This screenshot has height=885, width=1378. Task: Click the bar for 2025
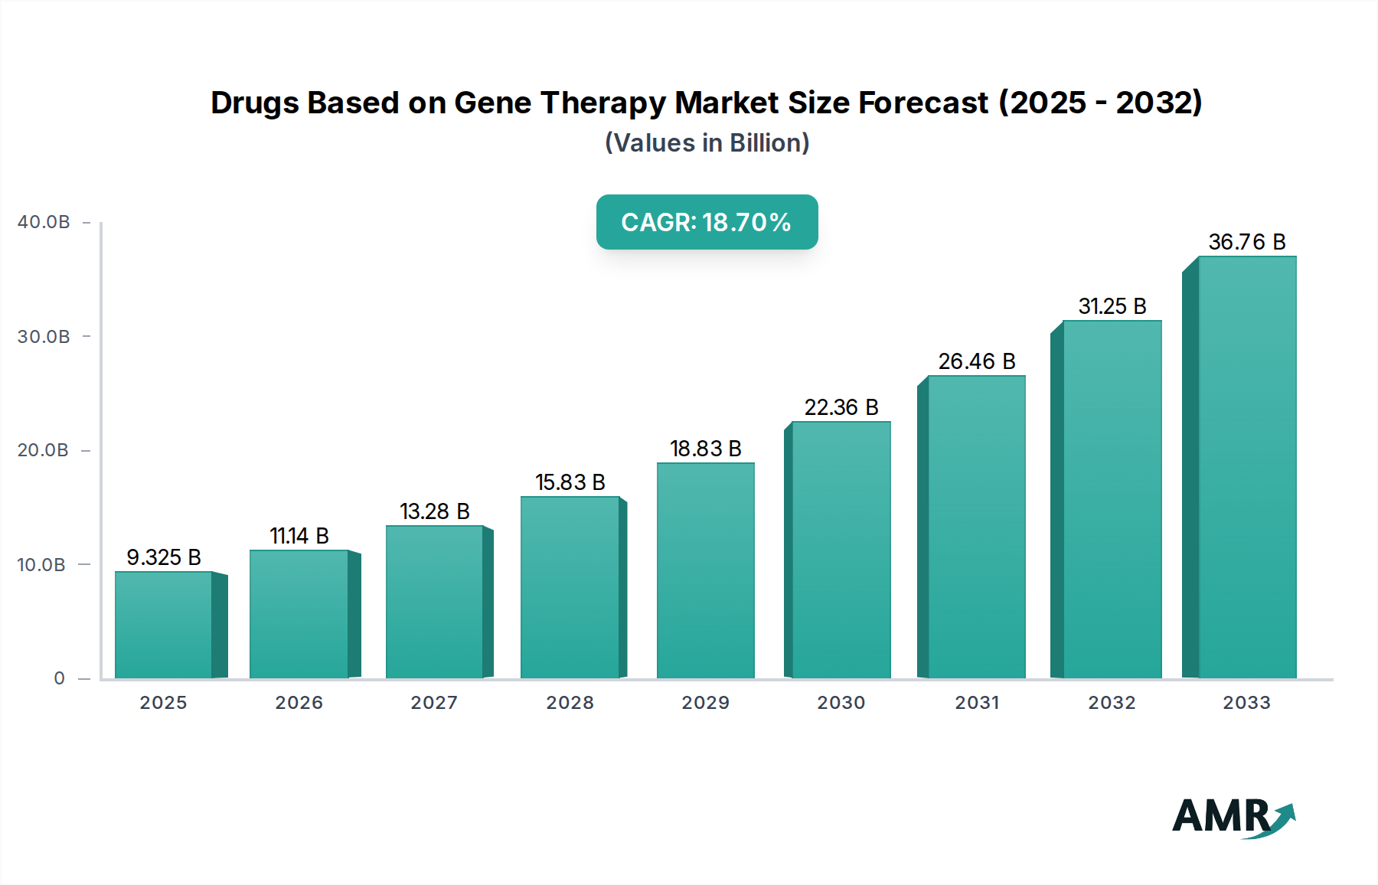click(164, 625)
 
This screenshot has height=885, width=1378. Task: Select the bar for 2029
click(706, 570)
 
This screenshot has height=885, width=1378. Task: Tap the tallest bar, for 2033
click(1247, 467)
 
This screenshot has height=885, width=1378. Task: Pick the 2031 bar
click(977, 527)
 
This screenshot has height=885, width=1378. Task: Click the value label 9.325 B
click(164, 557)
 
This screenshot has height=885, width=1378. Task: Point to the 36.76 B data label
click(1247, 242)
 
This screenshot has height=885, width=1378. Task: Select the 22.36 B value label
click(841, 407)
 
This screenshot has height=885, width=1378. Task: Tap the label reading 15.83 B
click(570, 482)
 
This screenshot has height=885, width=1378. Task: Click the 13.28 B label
click(435, 511)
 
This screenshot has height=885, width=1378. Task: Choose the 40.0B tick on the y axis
click(44, 222)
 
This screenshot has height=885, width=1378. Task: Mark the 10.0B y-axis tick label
click(41, 565)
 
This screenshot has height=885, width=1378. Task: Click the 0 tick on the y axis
click(59, 678)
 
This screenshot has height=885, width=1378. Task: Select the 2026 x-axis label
click(299, 703)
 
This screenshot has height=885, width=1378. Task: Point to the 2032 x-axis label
click(1112, 703)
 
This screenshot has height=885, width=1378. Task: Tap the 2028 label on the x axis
click(570, 703)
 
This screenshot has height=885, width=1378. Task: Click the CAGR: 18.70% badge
click(707, 222)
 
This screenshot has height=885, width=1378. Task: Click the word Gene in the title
click(488, 103)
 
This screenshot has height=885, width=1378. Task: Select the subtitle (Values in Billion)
click(707, 143)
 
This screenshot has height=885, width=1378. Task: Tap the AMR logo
click(1233, 817)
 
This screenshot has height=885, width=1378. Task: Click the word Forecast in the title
click(923, 103)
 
